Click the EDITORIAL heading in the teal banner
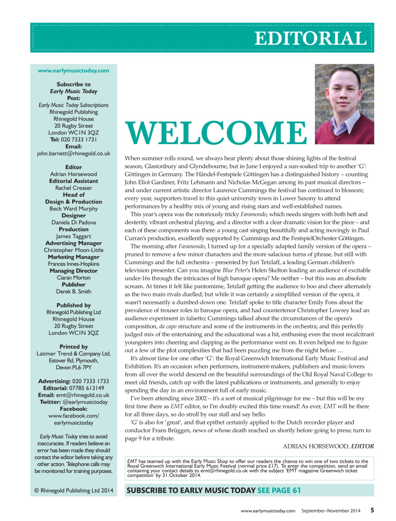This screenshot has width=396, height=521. pyautogui.click(x=311, y=39)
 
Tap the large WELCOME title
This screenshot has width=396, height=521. pyautogui.click(x=216, y=133)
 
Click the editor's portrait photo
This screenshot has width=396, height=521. pyautogui.click(x=344, y=104)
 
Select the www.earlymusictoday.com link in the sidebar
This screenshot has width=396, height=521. pyautogui.click(x=74, y=70)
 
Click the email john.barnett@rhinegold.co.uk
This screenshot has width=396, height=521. pyautogui.click(x=74, y=153)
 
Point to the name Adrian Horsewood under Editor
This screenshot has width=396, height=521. pyautogui.click(x=74, y=174)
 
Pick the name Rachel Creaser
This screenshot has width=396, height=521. pyautogui.click(x=74, y=188)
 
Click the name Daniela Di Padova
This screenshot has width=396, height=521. pyautogui.click(x=74, y=223)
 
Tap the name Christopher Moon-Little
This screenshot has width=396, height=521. pyautogui.click(x=74, y=250)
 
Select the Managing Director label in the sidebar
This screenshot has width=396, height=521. pyautogui.click(x=74, y=271)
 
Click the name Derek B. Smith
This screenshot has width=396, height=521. pyautogui.click(x=74, y=291)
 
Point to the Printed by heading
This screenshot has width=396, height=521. pyautogui.click(x=74, y=347)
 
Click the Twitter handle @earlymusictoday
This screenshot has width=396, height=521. pyautogui.click(x=85, y=402)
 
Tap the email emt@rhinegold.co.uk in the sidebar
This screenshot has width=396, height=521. pyautogui.click(x=83, y=395)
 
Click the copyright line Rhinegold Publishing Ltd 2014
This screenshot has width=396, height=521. pyautogui.click(x=74, y=490)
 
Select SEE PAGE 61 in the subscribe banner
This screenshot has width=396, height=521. pyautogui.click(x=279, y=490)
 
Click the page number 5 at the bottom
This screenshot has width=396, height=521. pyautogui.click(x=372, y=510)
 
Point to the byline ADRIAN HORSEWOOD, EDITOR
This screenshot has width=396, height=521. pyautogui.click(x=328, y=446)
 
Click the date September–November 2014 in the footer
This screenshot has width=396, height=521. pyautogui.click(x=331, y=511)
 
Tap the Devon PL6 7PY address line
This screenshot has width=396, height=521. pyautogui.click(x=74, y=368)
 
